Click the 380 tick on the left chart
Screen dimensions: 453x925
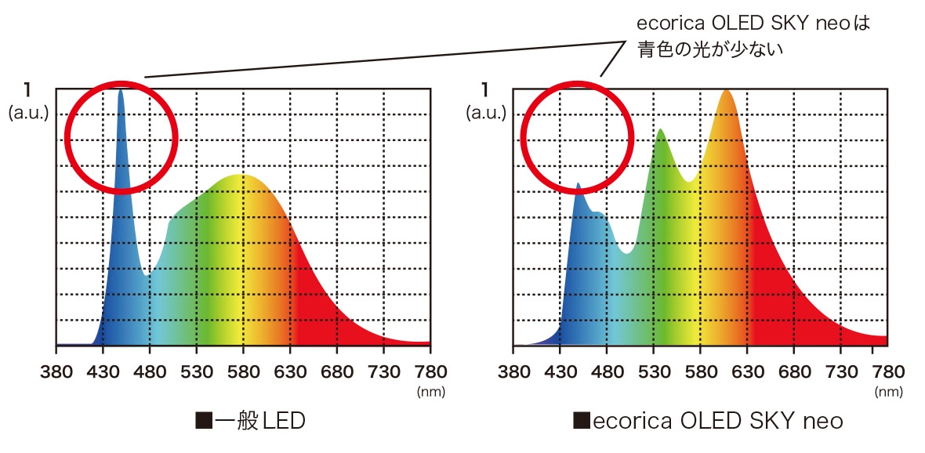click(56, 370)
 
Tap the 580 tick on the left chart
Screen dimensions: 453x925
click(243, 370)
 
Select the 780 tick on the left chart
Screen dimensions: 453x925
click(430, 370)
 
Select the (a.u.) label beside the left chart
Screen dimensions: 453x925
click(28, 113)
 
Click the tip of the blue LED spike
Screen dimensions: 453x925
click(121, 90)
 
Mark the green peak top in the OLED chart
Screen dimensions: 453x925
click(661, 130)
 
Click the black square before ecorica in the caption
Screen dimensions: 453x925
click(581, 421)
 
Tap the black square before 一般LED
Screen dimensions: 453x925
click(203, 421)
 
